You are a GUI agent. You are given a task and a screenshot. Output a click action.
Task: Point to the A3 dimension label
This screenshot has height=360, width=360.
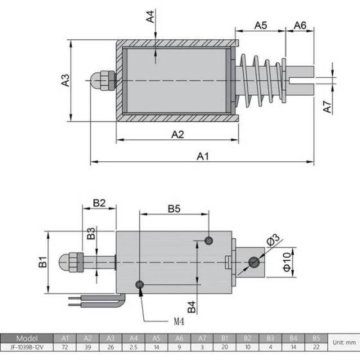65,80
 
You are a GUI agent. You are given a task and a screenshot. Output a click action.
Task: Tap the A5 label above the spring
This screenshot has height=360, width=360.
260,25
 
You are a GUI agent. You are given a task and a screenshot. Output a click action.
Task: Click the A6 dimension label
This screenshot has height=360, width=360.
300,25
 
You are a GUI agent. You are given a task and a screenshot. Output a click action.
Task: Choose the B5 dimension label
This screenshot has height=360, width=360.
174,208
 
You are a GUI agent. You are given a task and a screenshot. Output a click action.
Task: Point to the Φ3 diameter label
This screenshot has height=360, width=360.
271,240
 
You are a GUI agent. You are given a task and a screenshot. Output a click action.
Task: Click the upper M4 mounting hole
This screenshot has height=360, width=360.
209,240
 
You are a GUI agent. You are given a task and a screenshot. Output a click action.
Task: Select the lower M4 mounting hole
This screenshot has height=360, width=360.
139,285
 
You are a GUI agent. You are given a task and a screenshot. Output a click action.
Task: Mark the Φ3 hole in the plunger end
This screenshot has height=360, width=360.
255,262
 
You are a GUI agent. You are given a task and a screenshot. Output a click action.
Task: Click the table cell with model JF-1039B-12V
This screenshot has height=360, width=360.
28,348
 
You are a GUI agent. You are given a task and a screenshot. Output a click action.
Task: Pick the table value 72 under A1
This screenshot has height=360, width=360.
65,348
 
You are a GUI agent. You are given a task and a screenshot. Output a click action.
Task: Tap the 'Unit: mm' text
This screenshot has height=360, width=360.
343,343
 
